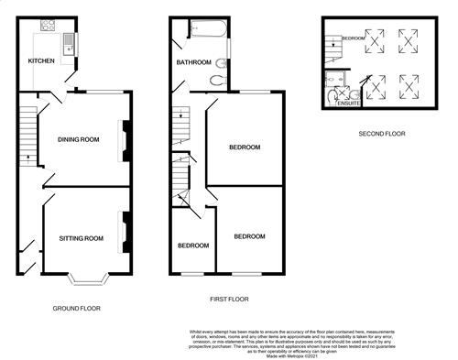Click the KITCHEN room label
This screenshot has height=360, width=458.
[42, 61]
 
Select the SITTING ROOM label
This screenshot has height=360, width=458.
[82, 238]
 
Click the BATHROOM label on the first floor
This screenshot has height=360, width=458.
[193, 62]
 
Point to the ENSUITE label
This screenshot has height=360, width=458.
[348, 104]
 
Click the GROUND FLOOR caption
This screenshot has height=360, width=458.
[76, 308]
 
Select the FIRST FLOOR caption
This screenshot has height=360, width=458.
[232, 299]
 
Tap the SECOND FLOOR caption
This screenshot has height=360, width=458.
[382, 134]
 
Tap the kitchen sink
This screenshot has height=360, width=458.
[68, 40]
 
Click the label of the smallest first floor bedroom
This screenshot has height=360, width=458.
[192, 245]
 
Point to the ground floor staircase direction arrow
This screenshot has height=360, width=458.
[28, 157]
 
